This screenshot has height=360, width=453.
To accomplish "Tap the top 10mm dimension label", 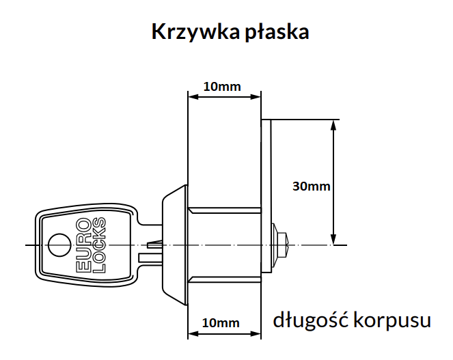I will (x=223, y=87).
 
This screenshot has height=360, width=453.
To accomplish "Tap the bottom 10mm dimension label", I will (x=222, y=322).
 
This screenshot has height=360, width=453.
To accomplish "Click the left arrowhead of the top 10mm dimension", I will (x=192, y=96).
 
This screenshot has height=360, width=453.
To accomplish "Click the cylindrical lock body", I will (x=225, y=243).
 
